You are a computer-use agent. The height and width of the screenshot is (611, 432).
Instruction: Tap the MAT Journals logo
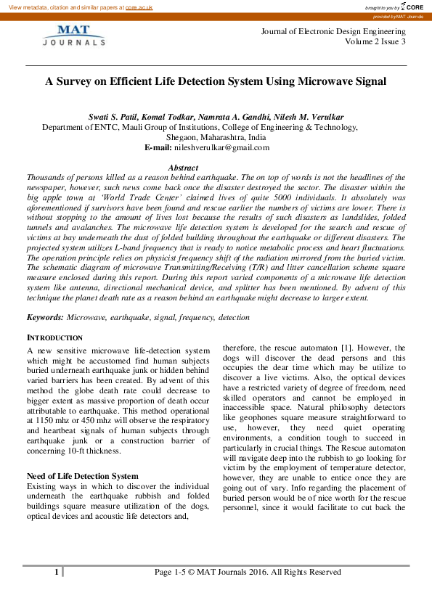73,36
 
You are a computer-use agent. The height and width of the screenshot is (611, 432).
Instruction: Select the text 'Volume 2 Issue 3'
375,42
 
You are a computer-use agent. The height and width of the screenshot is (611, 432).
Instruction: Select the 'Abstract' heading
183,168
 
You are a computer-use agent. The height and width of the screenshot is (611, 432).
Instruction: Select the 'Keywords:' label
45,317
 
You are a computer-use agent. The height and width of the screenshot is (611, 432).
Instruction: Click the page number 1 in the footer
56,572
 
